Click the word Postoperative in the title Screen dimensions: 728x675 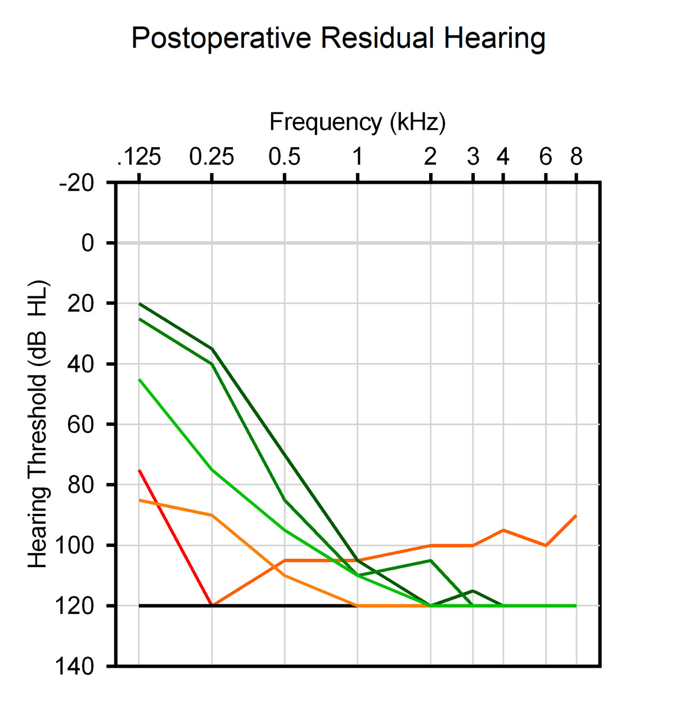pyautogui.click(x=221, y=39)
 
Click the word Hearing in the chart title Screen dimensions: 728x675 pyautogui.click(x=494, y=39)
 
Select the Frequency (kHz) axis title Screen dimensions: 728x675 pyautogui.click(x=357, y=122)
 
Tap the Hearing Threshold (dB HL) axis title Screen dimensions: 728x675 pyautogui.click(x=38, y=424)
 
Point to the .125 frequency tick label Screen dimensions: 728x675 pyautogui.click(x=139, y=157)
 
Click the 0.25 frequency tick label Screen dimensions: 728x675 pyautogui.click(x=211, y=157)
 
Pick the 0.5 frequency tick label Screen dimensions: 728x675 pyautogui.click(x=285, y=157)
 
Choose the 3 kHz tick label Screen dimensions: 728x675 pyautogui.click(x=473, y=157)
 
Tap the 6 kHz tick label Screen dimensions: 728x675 pyautogui.click(x=546, y=157)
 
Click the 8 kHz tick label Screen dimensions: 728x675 pyautogui.click(x=576, y=157)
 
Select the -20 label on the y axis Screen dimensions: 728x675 pyautogui.click(x=77, y=183)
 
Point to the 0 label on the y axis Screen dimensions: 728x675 pyautogui.click(x=88, y=243)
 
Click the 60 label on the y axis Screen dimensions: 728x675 pyautogui.click(x=80, y=424)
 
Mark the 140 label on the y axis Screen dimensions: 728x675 pyautogui.click(x=74, y=666)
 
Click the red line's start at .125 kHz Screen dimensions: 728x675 pyautogui.click(x=139, y=470)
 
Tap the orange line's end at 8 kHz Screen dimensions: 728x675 pyautogui.click(x=576, y=516)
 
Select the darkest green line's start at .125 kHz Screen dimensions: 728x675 pyautogui.click(x=139, y=304)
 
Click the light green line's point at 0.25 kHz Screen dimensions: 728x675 pyautogui.click(x=212, y=469)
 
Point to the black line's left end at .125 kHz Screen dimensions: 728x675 pyautogui.click(x=139, y=605)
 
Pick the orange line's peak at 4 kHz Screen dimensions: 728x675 pyautogui.click(x=503, y=530)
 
